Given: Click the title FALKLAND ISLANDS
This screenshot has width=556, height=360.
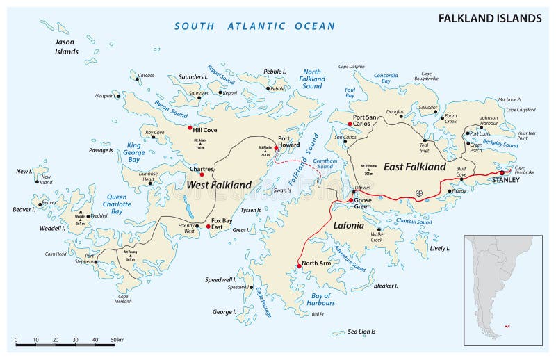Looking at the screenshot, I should (490, 17).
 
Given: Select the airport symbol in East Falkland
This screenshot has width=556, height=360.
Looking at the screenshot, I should (418, 193).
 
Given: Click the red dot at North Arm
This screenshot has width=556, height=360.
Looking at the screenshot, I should (299, 265).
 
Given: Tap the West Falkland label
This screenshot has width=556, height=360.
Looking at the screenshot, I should (218, 185).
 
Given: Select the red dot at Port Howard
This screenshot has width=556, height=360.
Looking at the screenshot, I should (276, 148).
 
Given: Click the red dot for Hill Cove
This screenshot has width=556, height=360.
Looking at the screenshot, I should (189, 127).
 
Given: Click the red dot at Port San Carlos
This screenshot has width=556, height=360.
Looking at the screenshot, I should (350, 124).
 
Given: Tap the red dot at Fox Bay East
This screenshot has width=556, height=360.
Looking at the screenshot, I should (208, 227).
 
